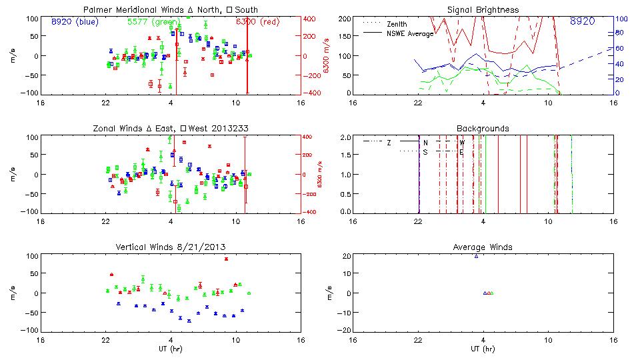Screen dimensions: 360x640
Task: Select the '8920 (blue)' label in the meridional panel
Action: [73, 21]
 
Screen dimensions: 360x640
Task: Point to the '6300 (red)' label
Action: [257, 21]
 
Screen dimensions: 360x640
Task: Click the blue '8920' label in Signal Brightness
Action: [583, 21]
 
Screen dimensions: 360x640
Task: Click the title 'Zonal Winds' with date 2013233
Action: [171, 128]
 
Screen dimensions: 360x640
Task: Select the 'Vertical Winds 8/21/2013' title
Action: [171, 247]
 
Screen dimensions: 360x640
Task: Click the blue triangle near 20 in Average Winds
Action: [476, 256]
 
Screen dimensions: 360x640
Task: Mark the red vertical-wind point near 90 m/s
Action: [226, 259]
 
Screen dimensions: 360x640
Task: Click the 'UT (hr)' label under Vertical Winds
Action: [171, 349]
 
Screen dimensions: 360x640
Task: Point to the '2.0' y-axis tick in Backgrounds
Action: [345, 137]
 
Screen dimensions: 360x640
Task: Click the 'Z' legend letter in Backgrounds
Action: [389, 143]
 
